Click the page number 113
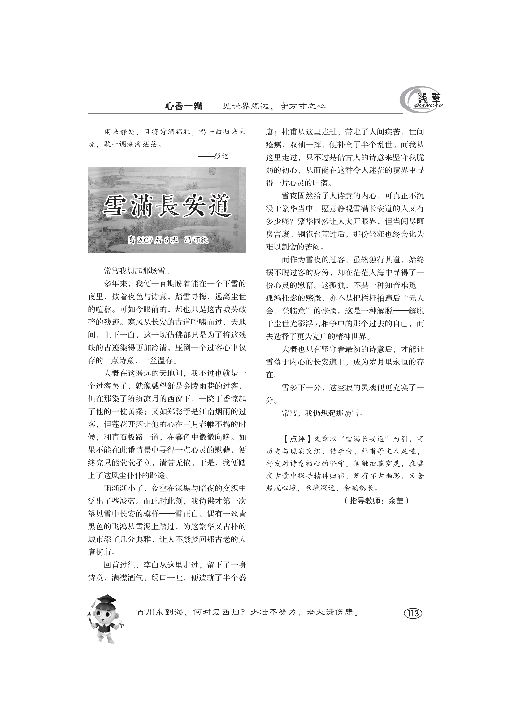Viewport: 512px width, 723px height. [x=413, y=613]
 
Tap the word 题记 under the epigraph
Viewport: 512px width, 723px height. [x=221, y=156]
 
